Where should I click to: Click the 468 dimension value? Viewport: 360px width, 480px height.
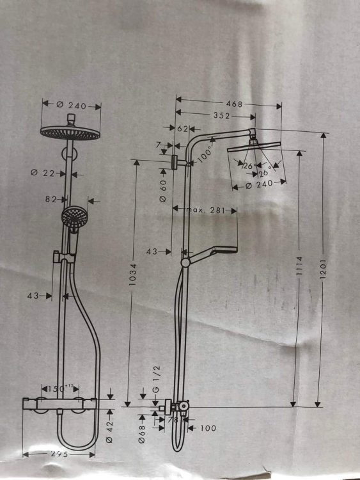234,104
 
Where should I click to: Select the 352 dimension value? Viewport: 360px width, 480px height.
221,115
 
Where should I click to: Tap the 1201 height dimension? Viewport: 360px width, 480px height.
324,269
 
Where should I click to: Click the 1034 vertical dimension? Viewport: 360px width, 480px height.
133,275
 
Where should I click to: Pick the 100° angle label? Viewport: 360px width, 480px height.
205,155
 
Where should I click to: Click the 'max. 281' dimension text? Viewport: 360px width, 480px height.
205,210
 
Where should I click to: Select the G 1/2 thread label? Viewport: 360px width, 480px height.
155,379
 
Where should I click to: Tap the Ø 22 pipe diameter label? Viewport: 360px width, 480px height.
43,173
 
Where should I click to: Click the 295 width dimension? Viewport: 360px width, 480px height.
59,454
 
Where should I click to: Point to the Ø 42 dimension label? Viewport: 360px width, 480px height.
109,431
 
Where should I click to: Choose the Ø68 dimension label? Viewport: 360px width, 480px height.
141,434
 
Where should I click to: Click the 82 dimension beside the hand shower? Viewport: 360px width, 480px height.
51,199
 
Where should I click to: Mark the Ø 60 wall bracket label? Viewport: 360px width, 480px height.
163,191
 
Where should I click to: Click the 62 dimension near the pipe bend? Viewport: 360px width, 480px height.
183,129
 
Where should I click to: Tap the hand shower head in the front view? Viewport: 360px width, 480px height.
74,217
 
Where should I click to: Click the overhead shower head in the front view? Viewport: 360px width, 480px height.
70,132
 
